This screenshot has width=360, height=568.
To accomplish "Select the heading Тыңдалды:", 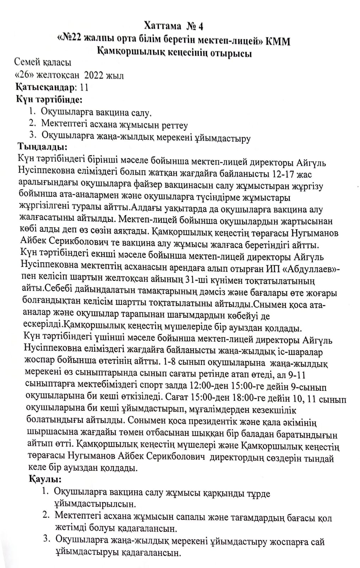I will coord(42,146).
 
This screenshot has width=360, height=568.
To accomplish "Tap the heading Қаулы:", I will coord(45,479).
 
